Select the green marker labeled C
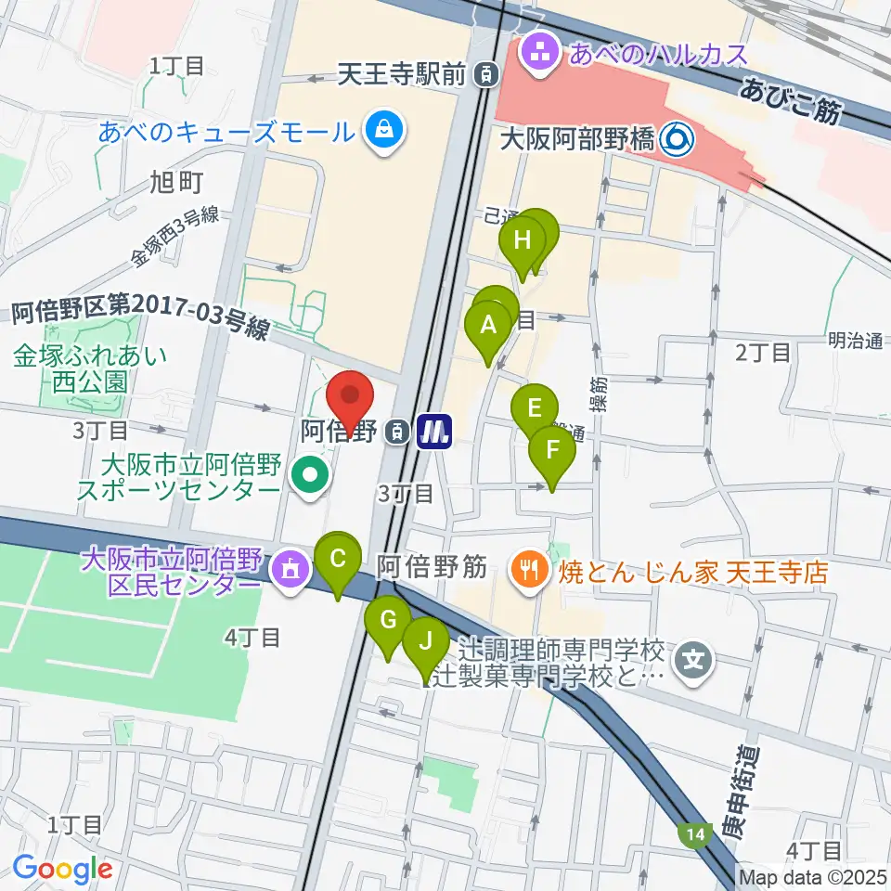coord(338,560)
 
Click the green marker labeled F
coord(552,452)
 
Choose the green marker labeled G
coord(389,620)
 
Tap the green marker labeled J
coord(426,640)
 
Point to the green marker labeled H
coord(523,241)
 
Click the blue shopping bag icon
coord(381,130)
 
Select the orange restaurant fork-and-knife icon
coord(528,568)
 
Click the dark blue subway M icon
coord(433,431)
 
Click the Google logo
coord(62,869)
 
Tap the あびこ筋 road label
coord(791,100)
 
